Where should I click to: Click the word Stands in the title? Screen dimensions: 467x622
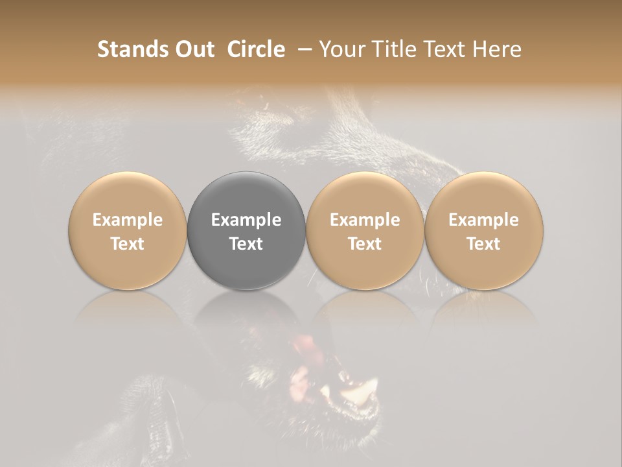[133, 49]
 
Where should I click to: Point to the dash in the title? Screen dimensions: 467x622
[302, 50]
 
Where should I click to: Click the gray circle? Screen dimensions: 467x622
[246, 195]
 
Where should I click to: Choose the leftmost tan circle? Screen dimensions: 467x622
[127, 195]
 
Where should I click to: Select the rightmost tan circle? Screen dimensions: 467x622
[483, 195]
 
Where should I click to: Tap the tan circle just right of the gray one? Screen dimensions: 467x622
[365, 195]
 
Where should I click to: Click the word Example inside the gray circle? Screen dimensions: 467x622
[246, 220]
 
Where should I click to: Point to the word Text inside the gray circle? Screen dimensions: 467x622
[246, 244]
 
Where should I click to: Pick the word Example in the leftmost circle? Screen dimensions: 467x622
[127, 220]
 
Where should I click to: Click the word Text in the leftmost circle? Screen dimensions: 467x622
[127, 244]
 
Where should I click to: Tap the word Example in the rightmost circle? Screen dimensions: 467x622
[483, 220]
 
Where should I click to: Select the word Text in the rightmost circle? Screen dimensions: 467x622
[483, 244]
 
